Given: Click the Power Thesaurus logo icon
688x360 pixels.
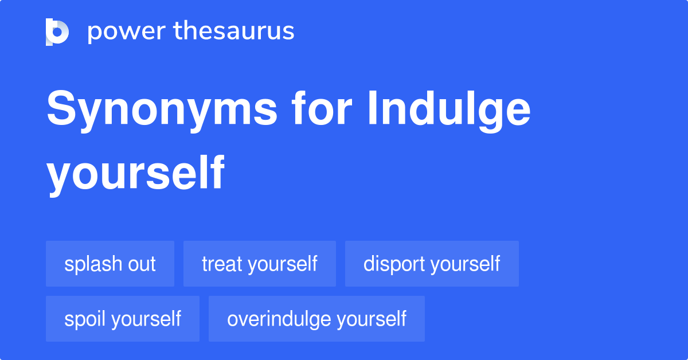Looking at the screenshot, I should (x=57, y=32).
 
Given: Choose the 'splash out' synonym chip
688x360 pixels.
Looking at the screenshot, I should (x=110, y=264).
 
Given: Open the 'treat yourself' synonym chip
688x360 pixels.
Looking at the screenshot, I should (x=260, y=264).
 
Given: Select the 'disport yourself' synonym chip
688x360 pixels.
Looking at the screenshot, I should (x=432, y=264).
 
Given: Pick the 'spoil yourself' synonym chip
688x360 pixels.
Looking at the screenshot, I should (x=123, y=319).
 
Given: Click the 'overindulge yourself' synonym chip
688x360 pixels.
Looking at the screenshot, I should (x=316, y=319).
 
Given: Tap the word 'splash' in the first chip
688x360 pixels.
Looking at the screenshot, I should (x=93, y=264).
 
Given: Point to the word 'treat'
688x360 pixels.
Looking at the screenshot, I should (x=222, y=264).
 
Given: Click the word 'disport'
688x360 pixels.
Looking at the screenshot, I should (x=394, y=264).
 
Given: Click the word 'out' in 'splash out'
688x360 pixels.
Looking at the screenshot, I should (x=142, y=264).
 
